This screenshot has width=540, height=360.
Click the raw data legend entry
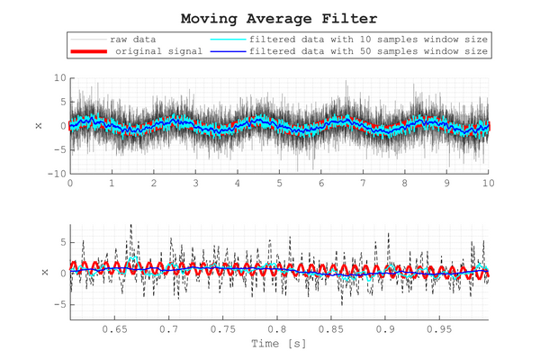click(x=131, y=40)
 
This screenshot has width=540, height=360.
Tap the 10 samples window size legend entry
click(x=368, y=40)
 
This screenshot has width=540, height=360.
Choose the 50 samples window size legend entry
click(x=368, y=52)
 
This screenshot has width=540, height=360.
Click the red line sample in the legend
click(x=88, y=52)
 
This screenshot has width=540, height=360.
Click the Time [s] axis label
click(x=278, y=345)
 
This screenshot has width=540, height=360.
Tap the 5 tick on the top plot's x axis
click(x=279, y=183)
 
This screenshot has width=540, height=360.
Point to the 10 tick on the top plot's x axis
click(x=488, y=183)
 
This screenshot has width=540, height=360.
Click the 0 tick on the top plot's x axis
click(x=70, y=183)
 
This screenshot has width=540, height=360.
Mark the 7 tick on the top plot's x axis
click(x=363, y=183)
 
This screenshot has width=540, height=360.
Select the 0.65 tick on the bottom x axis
click(x=115, y=330)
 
